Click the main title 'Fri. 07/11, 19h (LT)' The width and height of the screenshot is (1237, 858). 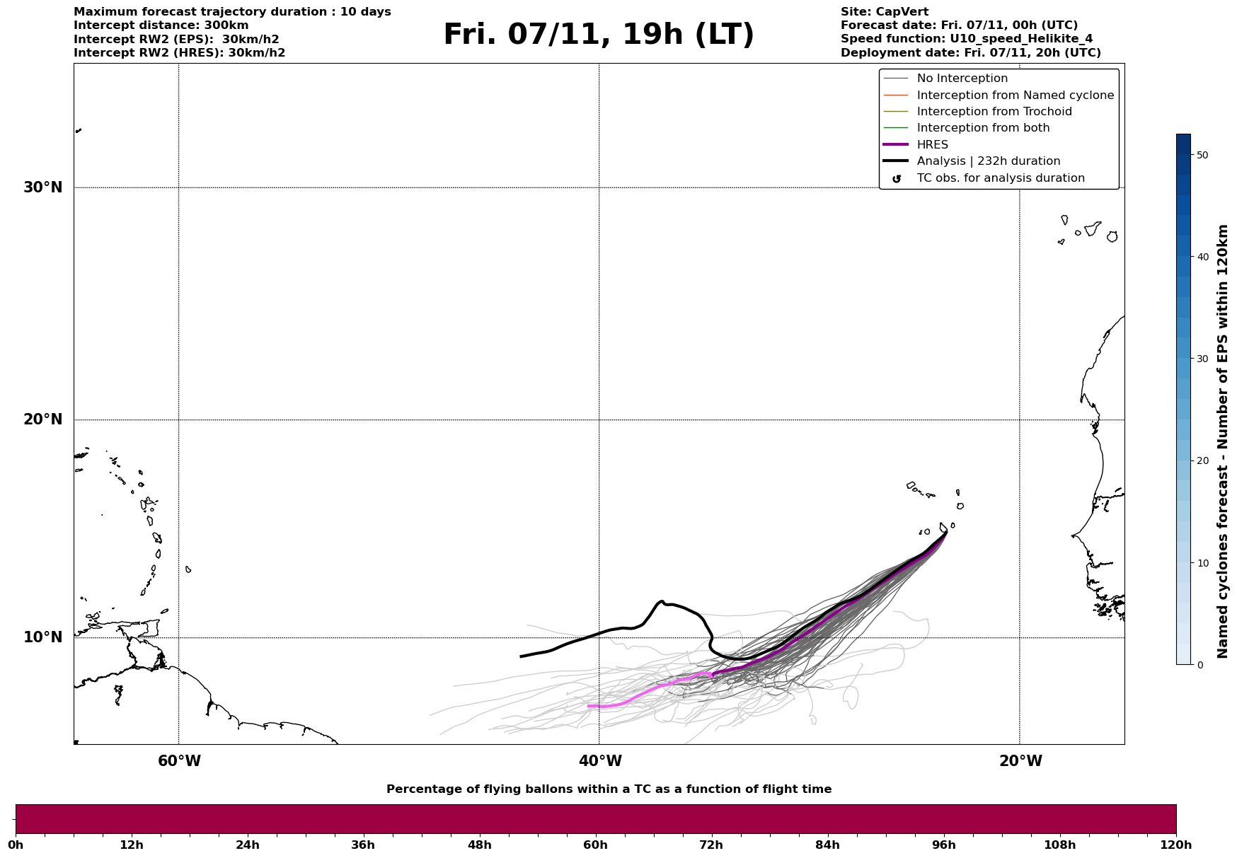pyautogui.click(x=599, y=35)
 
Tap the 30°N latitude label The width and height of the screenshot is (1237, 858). pyautogui.click(x=42, y=187)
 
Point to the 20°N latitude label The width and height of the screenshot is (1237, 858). pyautogui.click(x=42, y=419)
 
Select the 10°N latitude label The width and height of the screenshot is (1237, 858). pyautogui.click(x=42, y=637)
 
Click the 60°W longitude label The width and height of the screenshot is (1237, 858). pyautogui.click(x=179, y=761)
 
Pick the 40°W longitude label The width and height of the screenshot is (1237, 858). pyautogui.click(x=599, y=761)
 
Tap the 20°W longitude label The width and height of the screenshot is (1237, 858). pyautogui.click(x=1020, y=761)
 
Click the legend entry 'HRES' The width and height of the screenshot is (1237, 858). pyautogui.click(x=932, y=145)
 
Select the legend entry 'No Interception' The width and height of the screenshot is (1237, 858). pyautogui.click(x=962, y=79)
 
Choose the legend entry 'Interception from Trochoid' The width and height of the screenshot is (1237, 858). pyautogui.click(x=994, y=112)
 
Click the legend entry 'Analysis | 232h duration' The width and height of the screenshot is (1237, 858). pyautogui.click(x=988, y=161)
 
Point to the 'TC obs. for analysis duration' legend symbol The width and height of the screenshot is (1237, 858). pyautogui.click(x=897, y=179)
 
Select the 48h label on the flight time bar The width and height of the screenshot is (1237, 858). pyautogui.click(x=479, y=845)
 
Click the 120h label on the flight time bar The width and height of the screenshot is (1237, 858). pyautogui.click(x=1175, y=845)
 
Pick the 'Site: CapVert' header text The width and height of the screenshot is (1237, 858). pyautogui.click(x=884, y=12)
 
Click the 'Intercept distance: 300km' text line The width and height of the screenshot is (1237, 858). pyautogui.click(x=161, y=25)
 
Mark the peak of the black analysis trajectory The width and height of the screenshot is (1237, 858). pyautogui.click(x=662, y=601)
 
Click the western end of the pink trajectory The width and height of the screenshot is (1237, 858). pyautogui.click(x=589, y=706)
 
